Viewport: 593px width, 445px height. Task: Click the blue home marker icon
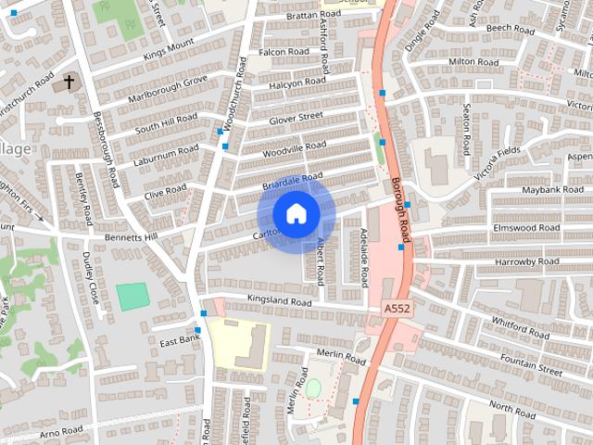point(296,214)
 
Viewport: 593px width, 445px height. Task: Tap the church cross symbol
point(68,83)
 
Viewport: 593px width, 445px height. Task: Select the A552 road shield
point(395,307)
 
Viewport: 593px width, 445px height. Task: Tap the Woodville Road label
point(295,146)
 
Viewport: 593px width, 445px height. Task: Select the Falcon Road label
point(284,52)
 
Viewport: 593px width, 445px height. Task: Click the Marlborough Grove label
point(169,93)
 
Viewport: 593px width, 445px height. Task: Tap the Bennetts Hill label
point(132,238)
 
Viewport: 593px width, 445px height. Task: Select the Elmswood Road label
point(527,227)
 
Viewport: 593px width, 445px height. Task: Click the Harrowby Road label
point(527,262)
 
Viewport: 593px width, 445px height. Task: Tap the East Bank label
point(180,342)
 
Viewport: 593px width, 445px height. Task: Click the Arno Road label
point(62,431)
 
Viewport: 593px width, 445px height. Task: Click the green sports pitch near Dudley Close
point(132,297)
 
